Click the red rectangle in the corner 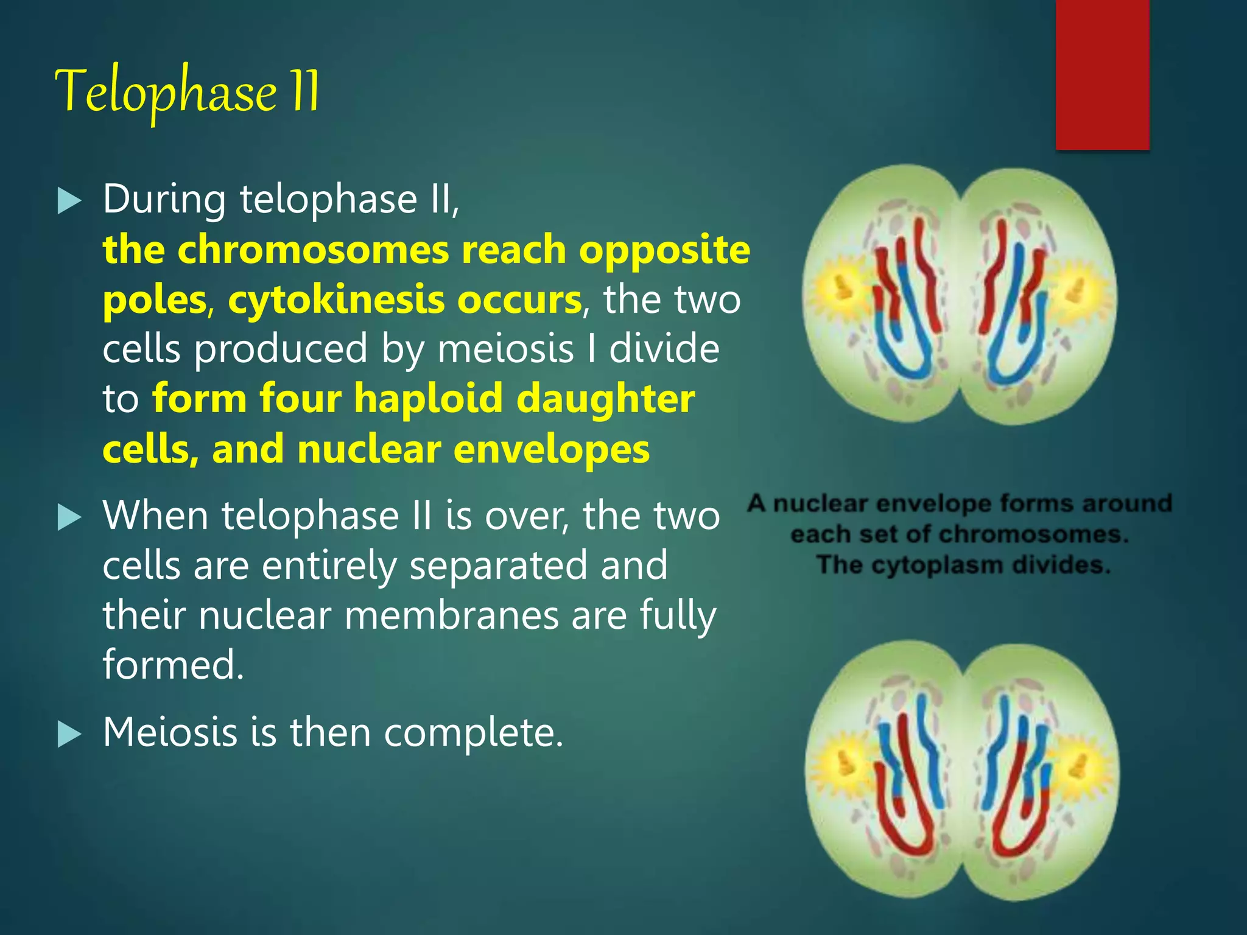point(1102,73)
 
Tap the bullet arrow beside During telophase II point(69,201)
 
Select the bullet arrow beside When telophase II point(69,518)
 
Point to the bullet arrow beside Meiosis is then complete point(69,734)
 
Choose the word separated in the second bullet point(498,566)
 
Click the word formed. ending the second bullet point(173,664)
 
